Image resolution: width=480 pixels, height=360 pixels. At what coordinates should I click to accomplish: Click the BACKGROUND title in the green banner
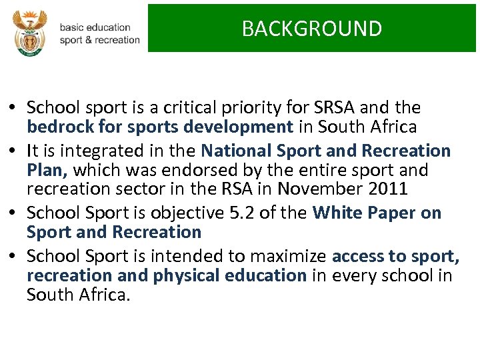pos(311,29)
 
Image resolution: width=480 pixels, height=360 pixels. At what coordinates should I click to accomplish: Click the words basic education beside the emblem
pos(95,27)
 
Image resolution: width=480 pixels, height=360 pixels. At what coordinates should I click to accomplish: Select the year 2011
pos(387,189)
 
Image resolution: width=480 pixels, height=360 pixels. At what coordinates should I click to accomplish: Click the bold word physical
pos(188,275)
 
